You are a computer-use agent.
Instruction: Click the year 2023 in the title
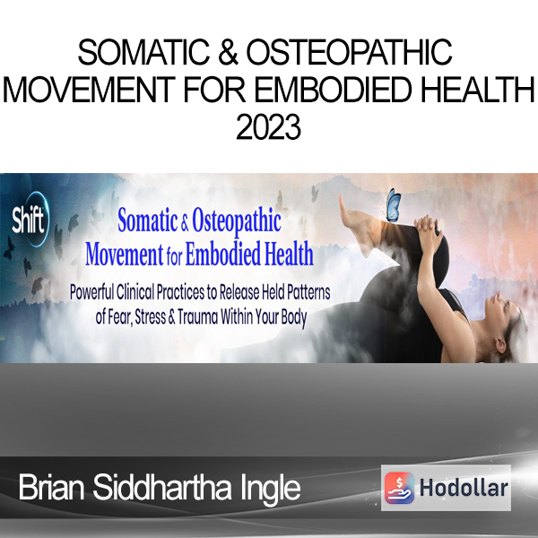268,127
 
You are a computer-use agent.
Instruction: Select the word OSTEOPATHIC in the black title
350,53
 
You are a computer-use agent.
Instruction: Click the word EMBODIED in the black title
333,90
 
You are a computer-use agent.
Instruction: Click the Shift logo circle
30,219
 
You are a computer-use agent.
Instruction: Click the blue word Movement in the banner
125,254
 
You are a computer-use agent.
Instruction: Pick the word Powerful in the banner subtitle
91,292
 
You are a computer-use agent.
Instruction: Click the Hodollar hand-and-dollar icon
399,488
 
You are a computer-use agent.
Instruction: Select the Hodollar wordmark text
464,488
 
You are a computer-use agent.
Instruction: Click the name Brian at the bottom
51,488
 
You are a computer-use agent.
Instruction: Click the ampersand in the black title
228,53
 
